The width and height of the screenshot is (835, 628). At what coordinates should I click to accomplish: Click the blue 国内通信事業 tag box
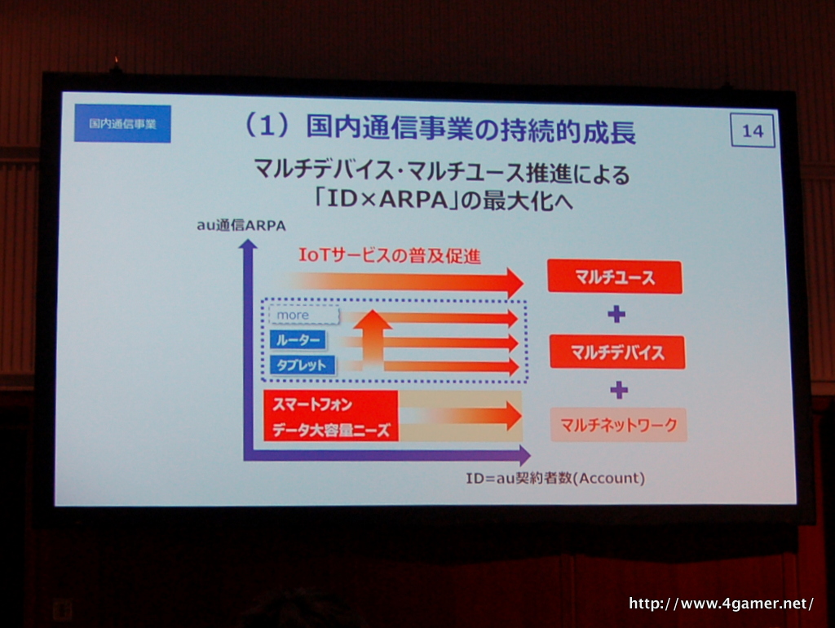click(x=122, y=124)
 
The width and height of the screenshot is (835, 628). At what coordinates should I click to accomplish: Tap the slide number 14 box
click(x=753, y=130)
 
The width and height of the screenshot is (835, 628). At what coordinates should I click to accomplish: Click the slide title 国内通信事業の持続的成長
click(x=471, y=130)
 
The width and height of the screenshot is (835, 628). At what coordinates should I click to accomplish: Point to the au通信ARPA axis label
click(x=241, y=225)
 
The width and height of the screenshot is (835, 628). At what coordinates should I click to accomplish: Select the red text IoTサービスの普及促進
click(x=389, y=255)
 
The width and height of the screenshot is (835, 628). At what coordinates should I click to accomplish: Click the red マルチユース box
click(x=615, y=277)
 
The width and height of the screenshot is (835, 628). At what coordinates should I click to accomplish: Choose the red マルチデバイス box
click(x=617, y=352)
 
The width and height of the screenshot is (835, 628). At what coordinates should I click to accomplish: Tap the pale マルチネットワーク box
click(x=618, y=425)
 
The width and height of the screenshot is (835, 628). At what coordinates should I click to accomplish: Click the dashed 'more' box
click(x=304, y=316)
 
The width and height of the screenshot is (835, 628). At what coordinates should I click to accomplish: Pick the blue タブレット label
click(x=303, y=365)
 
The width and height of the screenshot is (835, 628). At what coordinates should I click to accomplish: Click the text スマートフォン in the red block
click(x=312, y=405)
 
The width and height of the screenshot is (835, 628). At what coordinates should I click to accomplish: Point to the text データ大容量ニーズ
click(x=332, y=430)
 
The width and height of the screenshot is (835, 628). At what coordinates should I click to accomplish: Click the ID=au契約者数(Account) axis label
click(x=555, y=478)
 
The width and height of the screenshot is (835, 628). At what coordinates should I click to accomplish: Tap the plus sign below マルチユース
click(x=616, y=314)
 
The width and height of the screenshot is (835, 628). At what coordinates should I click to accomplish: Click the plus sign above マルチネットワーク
click(x=618, y=390)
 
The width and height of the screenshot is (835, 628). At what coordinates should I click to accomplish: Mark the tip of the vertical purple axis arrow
click(x=248, y=240)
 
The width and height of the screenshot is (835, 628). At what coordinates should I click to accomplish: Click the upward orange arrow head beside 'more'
click(x=373, y=320)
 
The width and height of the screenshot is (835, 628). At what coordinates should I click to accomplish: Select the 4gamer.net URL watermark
click(x=721, y=604)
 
